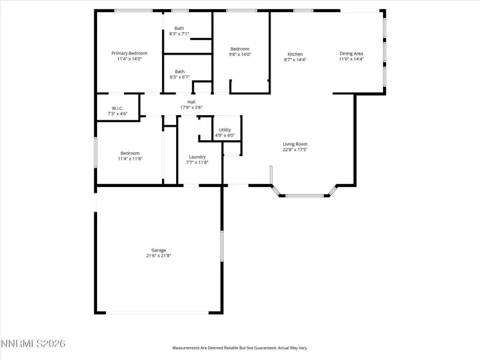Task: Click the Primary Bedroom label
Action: [129, 53]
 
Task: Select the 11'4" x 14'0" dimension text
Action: [129, 59]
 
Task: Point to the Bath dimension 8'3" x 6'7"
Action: [179, 77]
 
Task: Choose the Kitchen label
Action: [295, 54]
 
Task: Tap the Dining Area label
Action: [351, 54]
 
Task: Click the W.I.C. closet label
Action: [118, 108]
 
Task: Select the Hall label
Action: [191, 102]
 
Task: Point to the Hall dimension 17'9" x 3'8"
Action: [191, 107]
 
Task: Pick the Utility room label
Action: [225, 130]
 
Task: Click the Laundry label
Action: [197, 157]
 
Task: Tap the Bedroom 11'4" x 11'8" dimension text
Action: [130, 158]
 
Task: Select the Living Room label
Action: [296, 144]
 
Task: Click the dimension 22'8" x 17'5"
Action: [296, 150]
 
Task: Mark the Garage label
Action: [159, 250]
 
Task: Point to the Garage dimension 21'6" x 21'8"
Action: [159, 256]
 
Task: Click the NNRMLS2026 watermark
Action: [33, 345]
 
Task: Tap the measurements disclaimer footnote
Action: [240, 348]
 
